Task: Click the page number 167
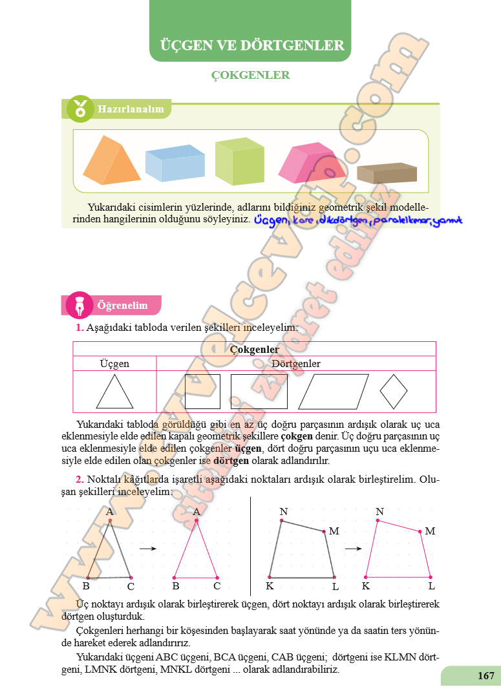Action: click(486, 676)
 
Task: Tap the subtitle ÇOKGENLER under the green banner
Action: click(250, 76)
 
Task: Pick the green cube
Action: click(239, 162)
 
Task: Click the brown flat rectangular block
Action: click(387, 173)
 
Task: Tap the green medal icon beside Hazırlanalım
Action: click(80, 109)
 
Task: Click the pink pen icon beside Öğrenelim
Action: click(80, 306)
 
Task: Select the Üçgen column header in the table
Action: click(114, 364)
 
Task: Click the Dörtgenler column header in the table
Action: click(296, 364)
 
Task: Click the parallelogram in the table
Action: click(333, 392)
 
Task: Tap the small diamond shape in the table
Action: click(394, 392)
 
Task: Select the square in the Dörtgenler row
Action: click(202, 392)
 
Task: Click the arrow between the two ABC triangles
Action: click(148, 549)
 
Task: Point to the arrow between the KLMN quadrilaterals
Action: click(352, 549)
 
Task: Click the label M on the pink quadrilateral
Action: click(430, 531)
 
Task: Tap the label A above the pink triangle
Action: click(197, 512)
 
